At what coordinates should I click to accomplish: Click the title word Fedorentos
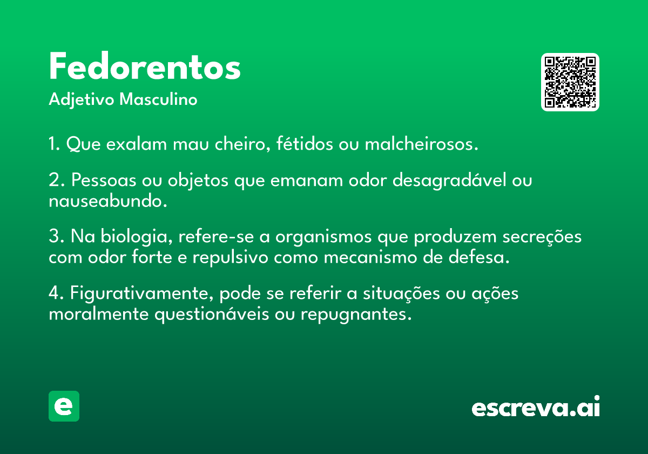145,66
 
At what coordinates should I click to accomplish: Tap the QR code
570,82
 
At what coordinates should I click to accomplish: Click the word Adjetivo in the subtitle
82,99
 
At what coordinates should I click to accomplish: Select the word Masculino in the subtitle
158,99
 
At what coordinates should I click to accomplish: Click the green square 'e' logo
64,406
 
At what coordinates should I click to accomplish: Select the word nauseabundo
108,201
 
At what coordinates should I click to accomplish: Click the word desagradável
449,180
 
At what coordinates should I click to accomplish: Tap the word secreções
542,237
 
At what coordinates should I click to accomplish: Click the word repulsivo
231,258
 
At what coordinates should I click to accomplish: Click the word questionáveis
212,315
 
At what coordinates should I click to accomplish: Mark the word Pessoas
104,180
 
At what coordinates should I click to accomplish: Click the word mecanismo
370,257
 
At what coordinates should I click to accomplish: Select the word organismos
323,237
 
